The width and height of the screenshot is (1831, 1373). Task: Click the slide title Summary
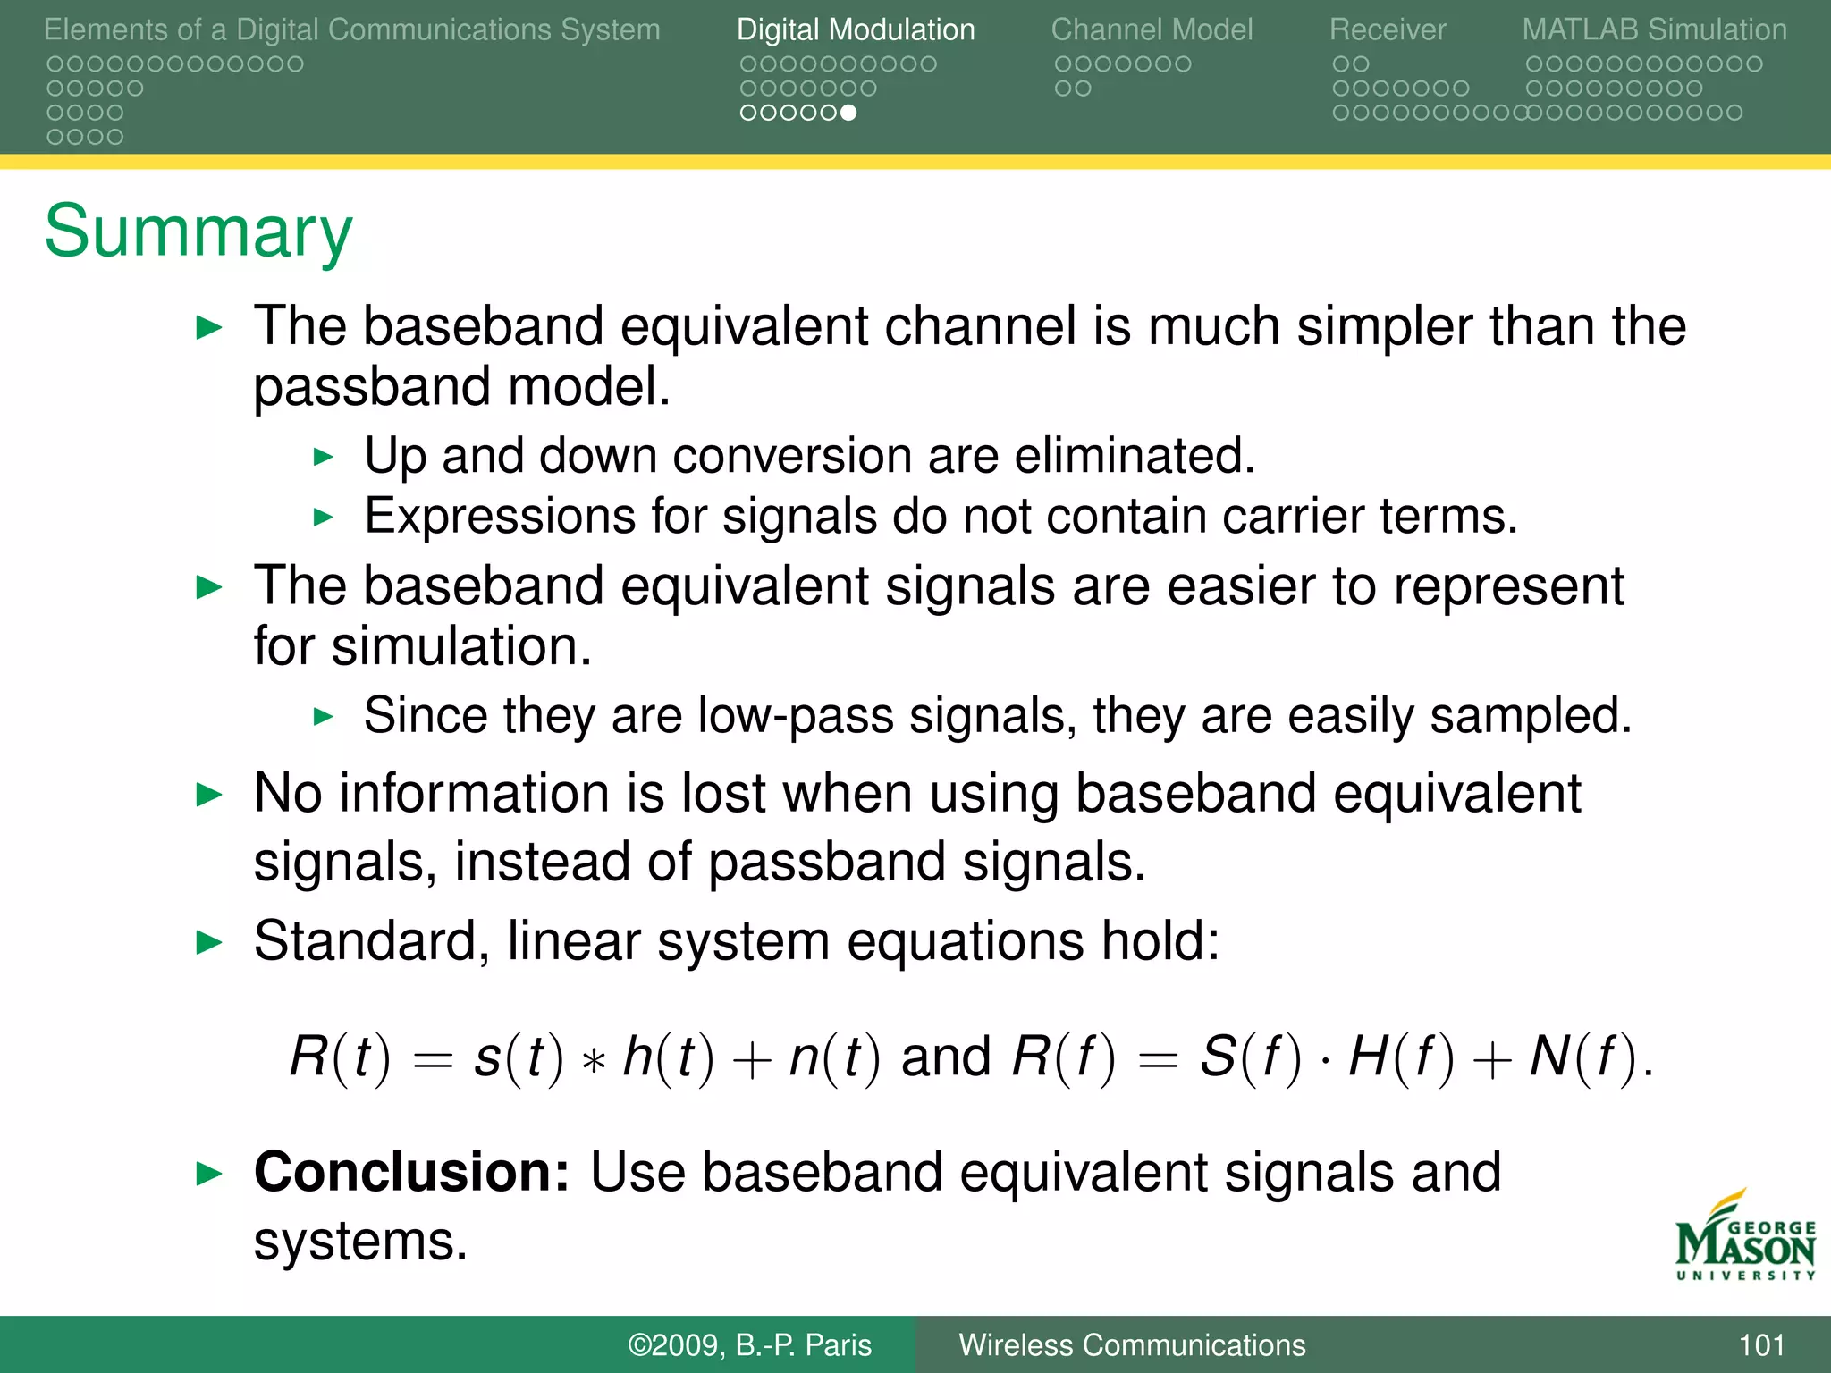198,232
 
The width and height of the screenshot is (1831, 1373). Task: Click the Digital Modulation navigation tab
856,29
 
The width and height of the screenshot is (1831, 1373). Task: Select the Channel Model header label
1152,29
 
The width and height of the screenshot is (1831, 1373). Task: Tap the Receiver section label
1387,29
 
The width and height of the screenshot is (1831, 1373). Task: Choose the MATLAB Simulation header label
1654,29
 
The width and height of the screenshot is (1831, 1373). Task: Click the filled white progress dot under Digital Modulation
848,113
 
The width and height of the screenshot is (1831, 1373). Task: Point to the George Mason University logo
1744,1238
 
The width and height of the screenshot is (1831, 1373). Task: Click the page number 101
1760,1345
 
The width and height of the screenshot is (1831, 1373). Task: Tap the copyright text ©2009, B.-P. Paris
749,1345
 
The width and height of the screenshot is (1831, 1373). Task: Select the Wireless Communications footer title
1132,1345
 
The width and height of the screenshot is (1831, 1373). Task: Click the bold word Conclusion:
411,1172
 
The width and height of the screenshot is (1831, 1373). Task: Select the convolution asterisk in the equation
593,1061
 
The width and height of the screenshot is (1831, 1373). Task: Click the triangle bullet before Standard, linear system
209,942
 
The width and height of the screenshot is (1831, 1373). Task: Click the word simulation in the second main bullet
461,646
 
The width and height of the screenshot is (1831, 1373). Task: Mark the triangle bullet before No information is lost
209,795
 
